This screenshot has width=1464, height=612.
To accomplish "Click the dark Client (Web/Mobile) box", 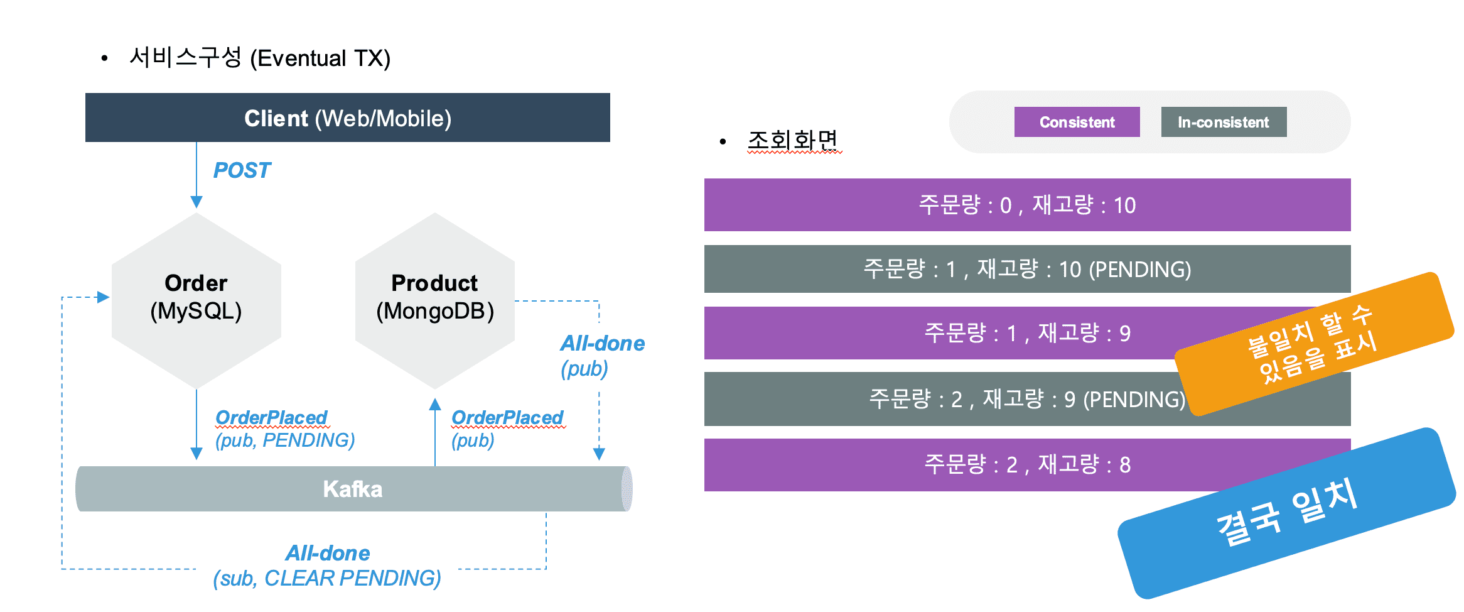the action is click(347, 117).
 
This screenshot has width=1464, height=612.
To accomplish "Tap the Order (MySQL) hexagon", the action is click(196, 300).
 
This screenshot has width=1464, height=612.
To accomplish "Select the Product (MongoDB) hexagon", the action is click(434, 300).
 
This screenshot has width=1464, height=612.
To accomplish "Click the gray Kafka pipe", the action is click(353, 489).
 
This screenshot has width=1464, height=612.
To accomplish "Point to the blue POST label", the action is click(242, 170).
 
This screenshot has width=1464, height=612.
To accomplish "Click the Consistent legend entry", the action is click(1077, 122).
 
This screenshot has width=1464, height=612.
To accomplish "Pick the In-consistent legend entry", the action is click(1224, 122).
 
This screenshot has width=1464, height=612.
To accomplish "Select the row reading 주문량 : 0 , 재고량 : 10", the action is click(1027, 205).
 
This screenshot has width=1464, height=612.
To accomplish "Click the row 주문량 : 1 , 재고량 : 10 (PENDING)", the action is click(1027, 269).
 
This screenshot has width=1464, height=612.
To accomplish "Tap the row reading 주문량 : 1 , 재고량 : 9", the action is click(942, 333).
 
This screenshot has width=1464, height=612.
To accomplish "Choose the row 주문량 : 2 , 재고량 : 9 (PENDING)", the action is click(942, 399).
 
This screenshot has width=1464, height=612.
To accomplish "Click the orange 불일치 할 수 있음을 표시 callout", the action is click(1314, 344).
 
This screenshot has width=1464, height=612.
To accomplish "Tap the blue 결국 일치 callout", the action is click(1287, 512).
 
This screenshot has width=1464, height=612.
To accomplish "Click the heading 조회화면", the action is click(794, 140).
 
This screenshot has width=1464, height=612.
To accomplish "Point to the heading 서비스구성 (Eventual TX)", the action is click(259, 58).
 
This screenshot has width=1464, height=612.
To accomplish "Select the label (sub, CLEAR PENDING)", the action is click(327, 578).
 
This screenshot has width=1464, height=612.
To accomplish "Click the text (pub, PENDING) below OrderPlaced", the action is click(285, 440).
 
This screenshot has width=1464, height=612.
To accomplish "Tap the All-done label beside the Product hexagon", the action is click(603, 343).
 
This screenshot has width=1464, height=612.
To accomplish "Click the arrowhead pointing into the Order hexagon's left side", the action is click(104, 297).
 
